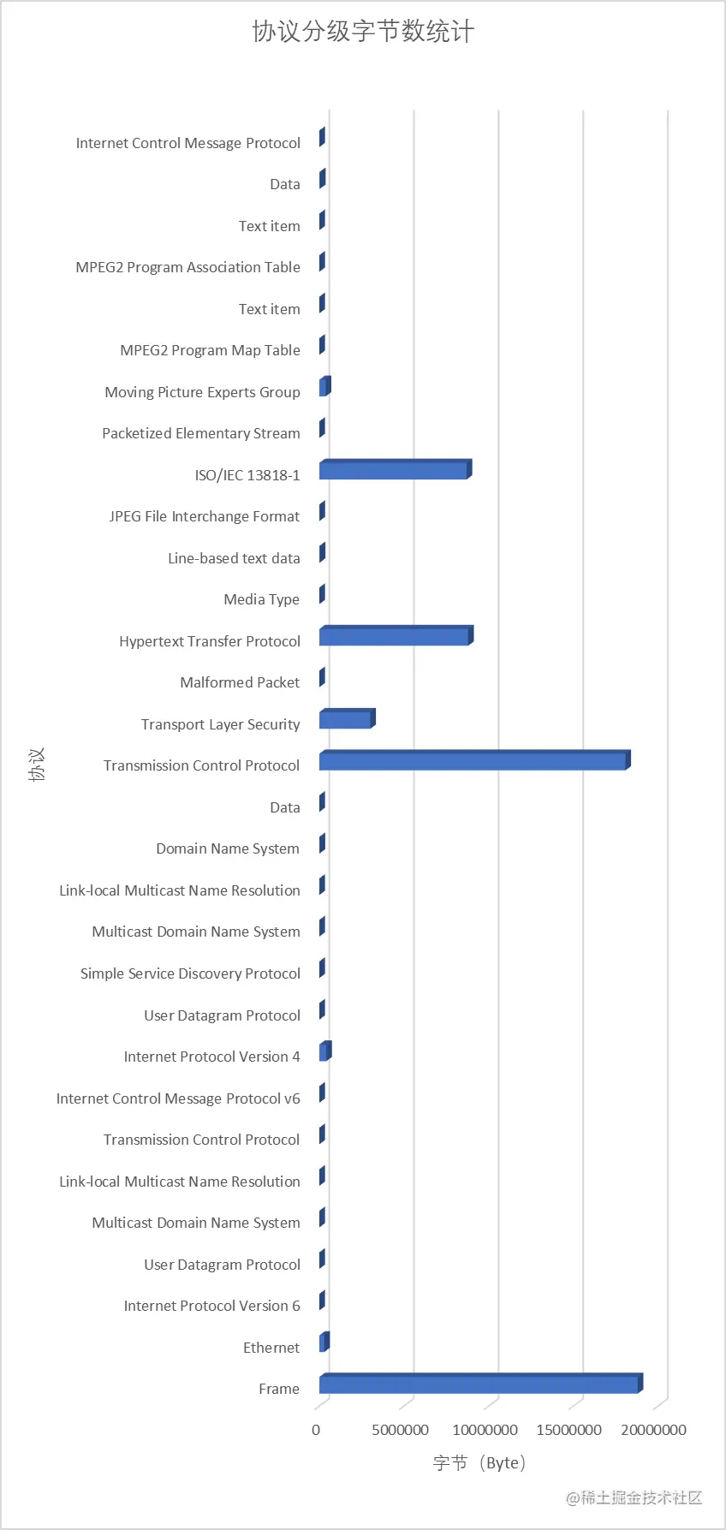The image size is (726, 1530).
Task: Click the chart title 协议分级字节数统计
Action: tap(363, 32)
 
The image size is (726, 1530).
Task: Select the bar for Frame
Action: tap(479, 1384)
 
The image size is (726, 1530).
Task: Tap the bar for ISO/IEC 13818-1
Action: tap(394, 471)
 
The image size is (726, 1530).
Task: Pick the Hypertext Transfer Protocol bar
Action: tap(395, 637)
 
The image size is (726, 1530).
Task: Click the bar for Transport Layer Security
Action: tap(346, 720)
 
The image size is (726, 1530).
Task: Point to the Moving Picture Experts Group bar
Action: tap(324, 388)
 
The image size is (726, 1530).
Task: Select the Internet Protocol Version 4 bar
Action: tap(324, 1052)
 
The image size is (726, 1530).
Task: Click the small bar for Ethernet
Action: tap(324, 1343)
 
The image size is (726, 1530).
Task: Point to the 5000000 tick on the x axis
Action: tap(400, 1430)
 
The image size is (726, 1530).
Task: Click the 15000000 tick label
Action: tap(568, 1430)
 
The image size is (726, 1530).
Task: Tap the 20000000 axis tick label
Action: tap(653, 1430)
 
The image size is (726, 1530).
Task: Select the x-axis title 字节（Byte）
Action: tap(479, 1462)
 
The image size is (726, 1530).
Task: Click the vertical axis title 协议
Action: tap(37, 765)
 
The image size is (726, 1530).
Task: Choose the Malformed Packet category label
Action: tap(240, 682)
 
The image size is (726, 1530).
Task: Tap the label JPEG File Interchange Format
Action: tap(205, 516)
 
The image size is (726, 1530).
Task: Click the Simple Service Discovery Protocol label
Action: tap(190, 973)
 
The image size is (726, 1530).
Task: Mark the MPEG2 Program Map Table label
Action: tap(210, 350)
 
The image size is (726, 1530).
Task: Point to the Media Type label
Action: tap(261, 599)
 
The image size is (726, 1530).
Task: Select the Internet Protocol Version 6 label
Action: tap(211, 1306)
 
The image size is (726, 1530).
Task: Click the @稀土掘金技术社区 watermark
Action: tap(634, 1497)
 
